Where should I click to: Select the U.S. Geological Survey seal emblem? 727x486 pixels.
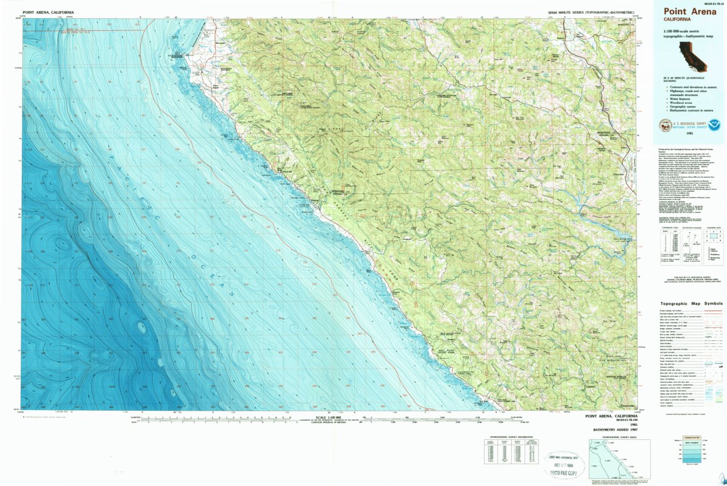click(x=665, y=126)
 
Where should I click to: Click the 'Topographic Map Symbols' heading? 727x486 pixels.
click(x=691, y=304)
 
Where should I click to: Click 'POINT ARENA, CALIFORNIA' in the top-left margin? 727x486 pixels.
click(x=49, y=12)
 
